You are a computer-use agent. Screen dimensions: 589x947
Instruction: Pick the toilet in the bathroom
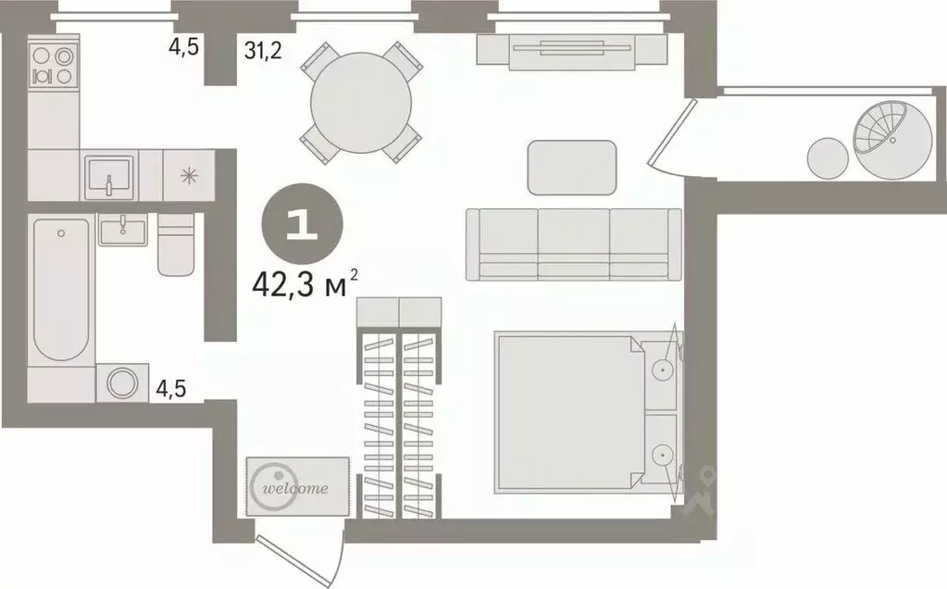tap(176, 246)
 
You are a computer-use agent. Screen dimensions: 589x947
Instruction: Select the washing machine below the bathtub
tap(122, 382)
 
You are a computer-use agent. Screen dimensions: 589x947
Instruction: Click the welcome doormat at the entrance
tap(297, 487)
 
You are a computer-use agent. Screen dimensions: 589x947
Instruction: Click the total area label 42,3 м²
tap(305, 286)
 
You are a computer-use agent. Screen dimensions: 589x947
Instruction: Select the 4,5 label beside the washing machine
tap(170, 389)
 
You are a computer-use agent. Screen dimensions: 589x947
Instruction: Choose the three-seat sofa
tap(573, 244)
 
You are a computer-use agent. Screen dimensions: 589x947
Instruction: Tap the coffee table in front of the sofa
tap(572, 168)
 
